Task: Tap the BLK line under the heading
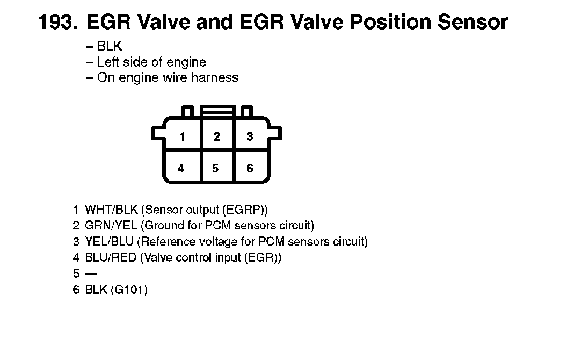point(109,47)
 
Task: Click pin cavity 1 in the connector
point(183,136)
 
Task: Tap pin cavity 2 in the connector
point(216,136)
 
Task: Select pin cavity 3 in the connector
point(250,136)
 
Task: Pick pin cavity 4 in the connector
point(181,168)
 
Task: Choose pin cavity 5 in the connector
point(215,168)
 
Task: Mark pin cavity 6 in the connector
point(250,168)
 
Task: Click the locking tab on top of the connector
point(217,110)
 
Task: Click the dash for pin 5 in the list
point(91,273)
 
